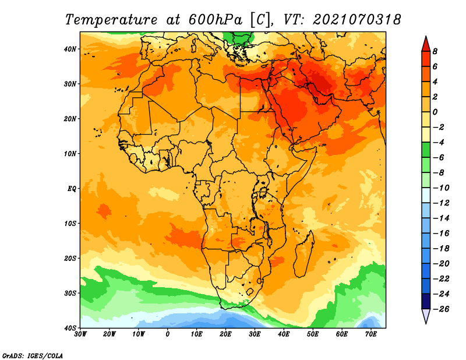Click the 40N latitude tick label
pyautogui.click(x=70, y=49)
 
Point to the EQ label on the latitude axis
pyautogui.click(x=72, y=189)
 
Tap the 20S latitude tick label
pyautogui.click(x=70, y=258)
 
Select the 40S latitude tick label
pyautogui.click(x=70, y=328)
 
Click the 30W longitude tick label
pyautogui.click(x=80, y=334)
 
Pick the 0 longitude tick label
pyautogui.click(x=168, y=334)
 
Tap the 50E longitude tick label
pyautogui.click(x=313, y=334)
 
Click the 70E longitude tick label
pyautogui.click(x=371, y=334)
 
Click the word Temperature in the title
pyautogui.click(x=111, y=20)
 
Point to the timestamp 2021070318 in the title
pyautogui.click(x=357, y=20)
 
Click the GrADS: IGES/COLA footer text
pyautogui.click(x=33, y=355)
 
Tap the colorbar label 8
pyautogui.click(x=435, y=51)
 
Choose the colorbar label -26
pyautogui.click(x=441, y=309)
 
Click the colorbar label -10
pyautogui.click(x=441, y=188)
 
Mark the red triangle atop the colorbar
pyautogui.click(x=426, y=45)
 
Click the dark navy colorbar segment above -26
pyautogui.click(x=426, y=301)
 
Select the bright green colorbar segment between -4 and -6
pyautogui.click(x=426, y=150)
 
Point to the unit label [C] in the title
pyautogui.click(x=260, y=20)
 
